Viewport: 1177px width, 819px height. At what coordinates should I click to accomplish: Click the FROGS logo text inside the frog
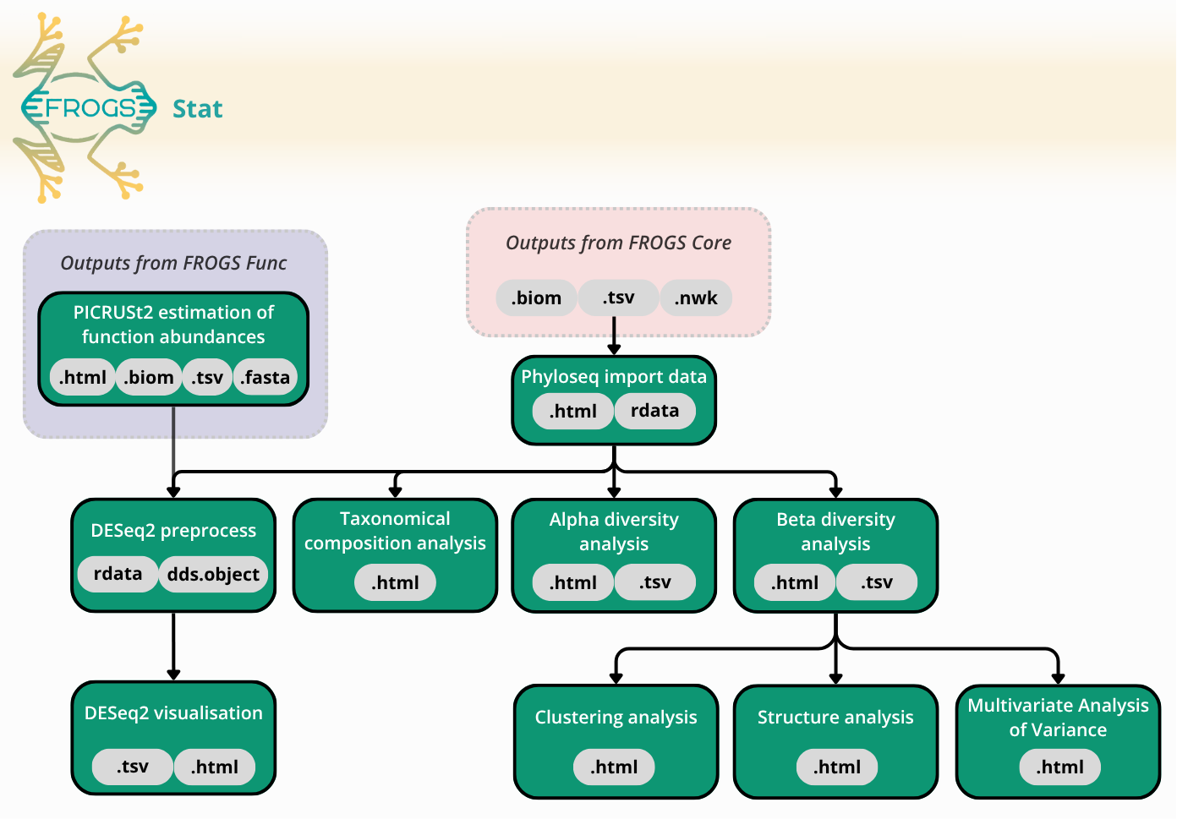pyautogui.click(x=89, y=108)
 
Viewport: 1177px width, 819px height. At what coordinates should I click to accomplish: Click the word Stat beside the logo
pyautogui.click(x=197, y=109)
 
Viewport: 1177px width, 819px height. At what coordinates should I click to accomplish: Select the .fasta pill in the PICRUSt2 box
pyautogui.click(x=265, y=377)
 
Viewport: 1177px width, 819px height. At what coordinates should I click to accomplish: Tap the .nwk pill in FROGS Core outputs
pyautogui.click(x=695, y=298)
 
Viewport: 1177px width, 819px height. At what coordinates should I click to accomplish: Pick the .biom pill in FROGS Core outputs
pyautogui.click(x=536, y=298)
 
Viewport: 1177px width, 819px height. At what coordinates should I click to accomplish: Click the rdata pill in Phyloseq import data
pyautogui.click(x=654, y=411)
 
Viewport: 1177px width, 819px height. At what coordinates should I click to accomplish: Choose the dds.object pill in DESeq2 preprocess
pyautogui.click(x=213, y=575)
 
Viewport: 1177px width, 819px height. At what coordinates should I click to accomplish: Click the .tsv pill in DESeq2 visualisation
pyautogui.click(x=133, y=767)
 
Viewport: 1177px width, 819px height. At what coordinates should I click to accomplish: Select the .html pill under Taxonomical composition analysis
pyautogui.click(x=395, y=582)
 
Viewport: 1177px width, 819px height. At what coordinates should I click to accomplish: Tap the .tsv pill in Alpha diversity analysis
pyautogui.click(x=654, y=582)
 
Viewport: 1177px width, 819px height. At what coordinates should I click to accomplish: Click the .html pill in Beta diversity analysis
pyautogui.click(x=795, y=582)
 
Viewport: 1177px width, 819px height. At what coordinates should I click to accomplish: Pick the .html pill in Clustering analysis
pyautogui.click(x=614, y=767)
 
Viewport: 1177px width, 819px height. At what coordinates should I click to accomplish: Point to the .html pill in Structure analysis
pyautogui.click(x=837, y=767)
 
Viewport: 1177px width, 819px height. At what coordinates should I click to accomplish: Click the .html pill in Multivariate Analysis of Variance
pyautogui.click(x=1059, y=767)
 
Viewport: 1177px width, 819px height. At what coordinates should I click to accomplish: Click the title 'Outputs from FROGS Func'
pyautogui.click(x=173, y=263)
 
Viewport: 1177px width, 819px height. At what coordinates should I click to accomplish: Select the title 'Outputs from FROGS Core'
pyautogui.click(x=618, y=243)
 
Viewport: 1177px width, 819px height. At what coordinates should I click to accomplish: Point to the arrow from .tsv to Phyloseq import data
pyautogui.click(x=614, y=336)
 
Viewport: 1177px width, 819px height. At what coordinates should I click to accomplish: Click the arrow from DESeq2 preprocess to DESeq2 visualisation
pyautogui.click(x=173, y=647)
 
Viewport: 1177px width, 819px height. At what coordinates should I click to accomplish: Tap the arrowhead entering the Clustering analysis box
pyautogui.click(x=616, y=678)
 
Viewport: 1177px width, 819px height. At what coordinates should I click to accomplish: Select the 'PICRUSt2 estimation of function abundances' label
pyautogui.click(x=173, y=325)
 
